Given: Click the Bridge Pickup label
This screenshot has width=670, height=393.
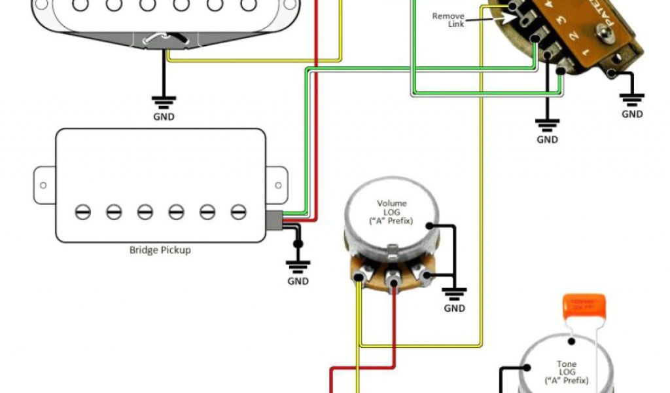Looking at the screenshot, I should pyautogui.click(x=160, y=250).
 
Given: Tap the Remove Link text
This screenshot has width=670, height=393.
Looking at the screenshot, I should pyautogui.click(x=448, y=20).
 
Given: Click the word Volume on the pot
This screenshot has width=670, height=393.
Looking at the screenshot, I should pyautogui.click(x=391, y=203).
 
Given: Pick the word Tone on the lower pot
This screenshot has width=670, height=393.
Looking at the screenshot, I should pyautogui.click(x=567, y=364).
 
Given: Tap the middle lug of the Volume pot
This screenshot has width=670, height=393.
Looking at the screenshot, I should pyautogui.click(x=394, y=278).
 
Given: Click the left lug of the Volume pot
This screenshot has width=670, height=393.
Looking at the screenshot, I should pyautogui.click(x=359, y=279).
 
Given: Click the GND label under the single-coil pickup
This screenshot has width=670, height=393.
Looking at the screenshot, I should pyautogui.click(x=164, y=117).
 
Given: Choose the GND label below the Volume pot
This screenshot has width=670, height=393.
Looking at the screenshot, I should pyautogui.click(x=454, y=308).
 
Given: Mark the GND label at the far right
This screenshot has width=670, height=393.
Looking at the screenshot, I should pyautogui.click(x=632, y=114).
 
